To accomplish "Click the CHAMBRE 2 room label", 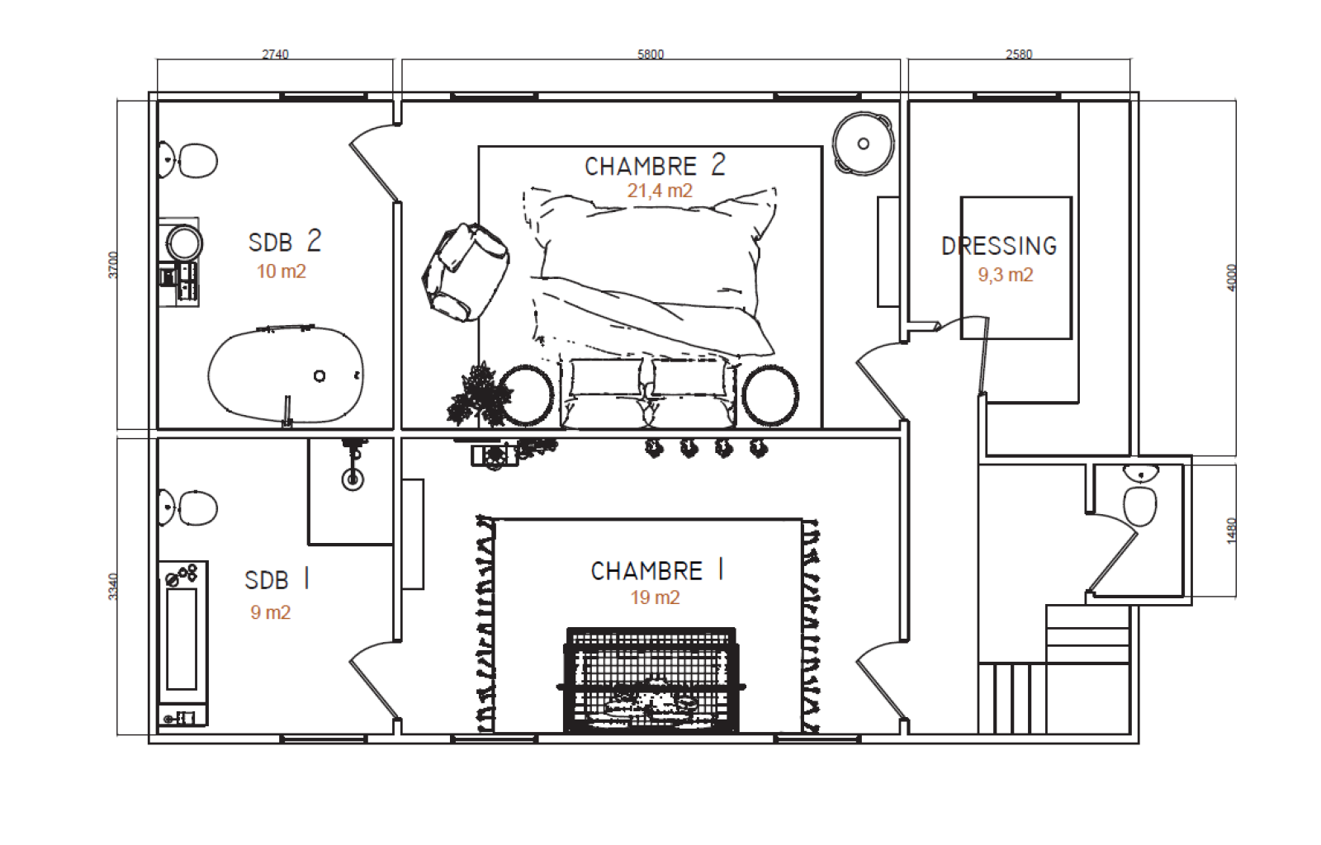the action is coord(655,166).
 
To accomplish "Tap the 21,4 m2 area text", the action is coord(660,191).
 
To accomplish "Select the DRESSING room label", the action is coord(999,246).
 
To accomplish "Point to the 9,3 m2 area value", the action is coord(1006,275).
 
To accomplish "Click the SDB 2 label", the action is coord(285,241).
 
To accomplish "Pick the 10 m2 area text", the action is coord(282,271).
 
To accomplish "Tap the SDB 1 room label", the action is coord(277,579).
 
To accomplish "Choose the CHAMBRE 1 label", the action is coord(657,570).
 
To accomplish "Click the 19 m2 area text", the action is coord(655,597).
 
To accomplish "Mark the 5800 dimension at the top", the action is coord(651,54).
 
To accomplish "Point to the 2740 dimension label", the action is coord(276,54).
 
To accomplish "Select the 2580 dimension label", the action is coord(1019,54).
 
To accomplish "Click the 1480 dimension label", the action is coord(1231,531).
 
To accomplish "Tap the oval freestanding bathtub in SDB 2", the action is coord(286,374).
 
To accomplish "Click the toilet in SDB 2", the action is coord(188,160).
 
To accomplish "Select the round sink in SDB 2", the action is coord(184,243).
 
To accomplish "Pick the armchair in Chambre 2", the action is coord(466,271).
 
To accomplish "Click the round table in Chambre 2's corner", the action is coord(864,144).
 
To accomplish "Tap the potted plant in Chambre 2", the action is coord(478,394).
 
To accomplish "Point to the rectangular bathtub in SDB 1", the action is coord(182,643).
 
